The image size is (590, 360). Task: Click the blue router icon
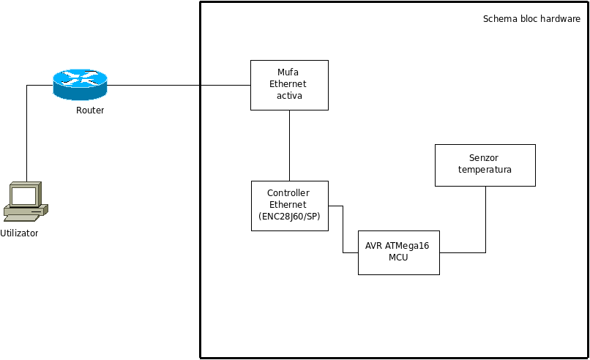tap(80, 85)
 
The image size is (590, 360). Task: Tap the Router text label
tap(90, 110)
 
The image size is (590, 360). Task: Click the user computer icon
tap(25, 201)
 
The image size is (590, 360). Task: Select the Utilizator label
tap(19, 233)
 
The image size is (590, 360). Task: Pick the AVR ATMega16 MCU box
tap(398, 252)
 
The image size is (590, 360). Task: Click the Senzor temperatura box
tap(485, 165)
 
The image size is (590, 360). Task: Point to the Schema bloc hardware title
tap(531, 19)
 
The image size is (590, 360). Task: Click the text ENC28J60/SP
tap(289, 217)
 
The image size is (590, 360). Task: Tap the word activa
tap(289, 96)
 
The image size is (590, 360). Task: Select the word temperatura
tap(485, 170)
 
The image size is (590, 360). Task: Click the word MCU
tap(398, 258)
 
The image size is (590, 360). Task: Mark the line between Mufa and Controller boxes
tap(289, 146)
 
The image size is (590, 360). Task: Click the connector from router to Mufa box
tap(179, 85)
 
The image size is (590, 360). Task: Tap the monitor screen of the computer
tap(23, 195)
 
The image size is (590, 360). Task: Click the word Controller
tap(289, 193)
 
